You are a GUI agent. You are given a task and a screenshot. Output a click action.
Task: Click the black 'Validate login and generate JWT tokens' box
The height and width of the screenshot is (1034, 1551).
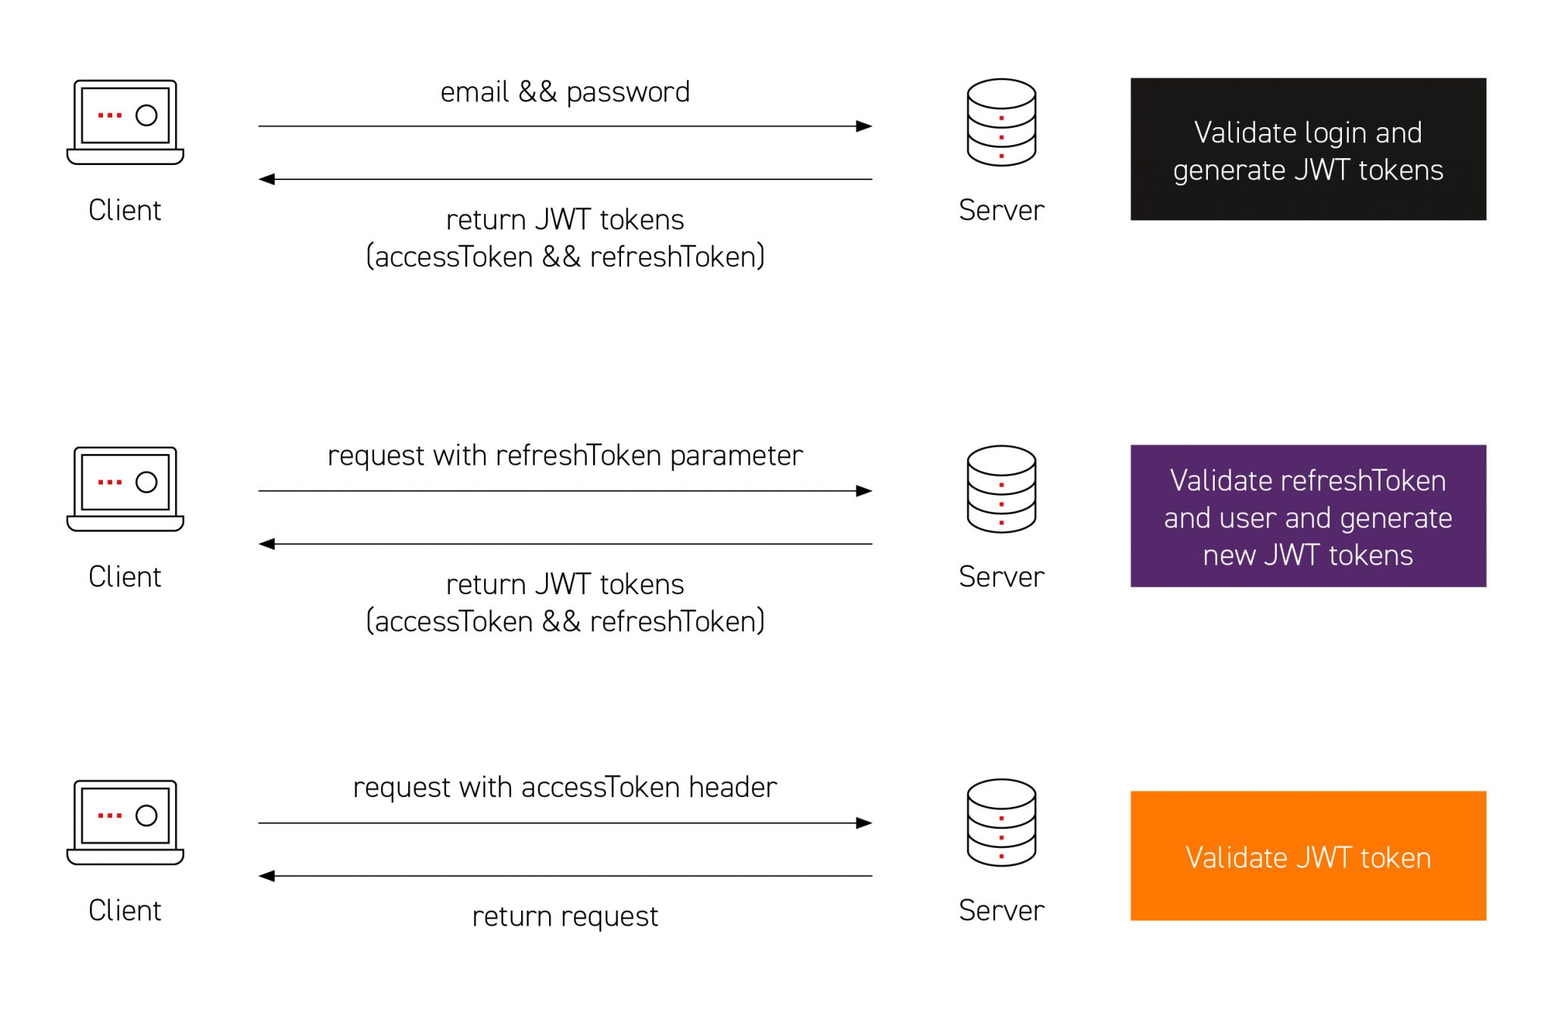point(1308,149)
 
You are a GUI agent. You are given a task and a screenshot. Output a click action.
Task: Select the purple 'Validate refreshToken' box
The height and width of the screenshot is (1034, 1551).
point(1308,516)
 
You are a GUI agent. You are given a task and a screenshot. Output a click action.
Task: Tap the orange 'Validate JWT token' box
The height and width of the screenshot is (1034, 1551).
point(1308,856)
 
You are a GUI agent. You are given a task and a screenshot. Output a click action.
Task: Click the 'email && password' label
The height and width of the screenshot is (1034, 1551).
point(565,92)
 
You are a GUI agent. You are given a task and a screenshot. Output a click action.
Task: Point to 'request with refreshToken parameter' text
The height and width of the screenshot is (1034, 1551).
point(565,456)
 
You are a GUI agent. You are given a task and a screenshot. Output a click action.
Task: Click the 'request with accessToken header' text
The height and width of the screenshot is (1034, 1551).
point(565,788)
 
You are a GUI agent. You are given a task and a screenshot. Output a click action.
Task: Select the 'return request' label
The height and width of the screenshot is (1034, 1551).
point(565,917)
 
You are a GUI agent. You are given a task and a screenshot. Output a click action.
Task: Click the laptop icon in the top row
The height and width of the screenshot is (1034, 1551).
point(126,122)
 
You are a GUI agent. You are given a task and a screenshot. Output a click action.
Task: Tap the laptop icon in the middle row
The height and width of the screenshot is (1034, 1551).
point(126,489)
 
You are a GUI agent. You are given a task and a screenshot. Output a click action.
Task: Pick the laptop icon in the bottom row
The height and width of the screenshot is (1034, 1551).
point(126,823)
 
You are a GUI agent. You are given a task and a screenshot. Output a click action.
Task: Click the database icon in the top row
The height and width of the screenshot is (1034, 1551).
point(1001,123)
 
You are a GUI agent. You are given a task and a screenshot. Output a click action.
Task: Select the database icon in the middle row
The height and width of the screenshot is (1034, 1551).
point(1001,489)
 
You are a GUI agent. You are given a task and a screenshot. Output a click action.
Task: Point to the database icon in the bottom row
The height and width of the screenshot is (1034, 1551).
point(1001,823)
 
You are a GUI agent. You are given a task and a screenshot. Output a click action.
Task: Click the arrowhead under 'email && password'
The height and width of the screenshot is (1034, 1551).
point(864,126)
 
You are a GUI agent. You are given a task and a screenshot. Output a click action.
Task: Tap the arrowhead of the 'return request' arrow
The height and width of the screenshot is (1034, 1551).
point(267,877)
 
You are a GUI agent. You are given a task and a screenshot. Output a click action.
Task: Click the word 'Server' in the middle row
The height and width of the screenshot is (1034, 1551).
point(1001,577)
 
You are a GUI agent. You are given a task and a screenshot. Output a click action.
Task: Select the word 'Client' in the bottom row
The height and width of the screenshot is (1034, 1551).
point(125,911)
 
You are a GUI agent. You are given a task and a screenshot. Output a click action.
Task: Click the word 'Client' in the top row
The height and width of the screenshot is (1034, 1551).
point(125,210)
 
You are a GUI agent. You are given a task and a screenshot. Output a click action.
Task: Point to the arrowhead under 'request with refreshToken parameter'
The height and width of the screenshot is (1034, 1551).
point(864,491)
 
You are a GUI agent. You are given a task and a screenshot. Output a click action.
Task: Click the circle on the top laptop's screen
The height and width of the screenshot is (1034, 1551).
point(146,115)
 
